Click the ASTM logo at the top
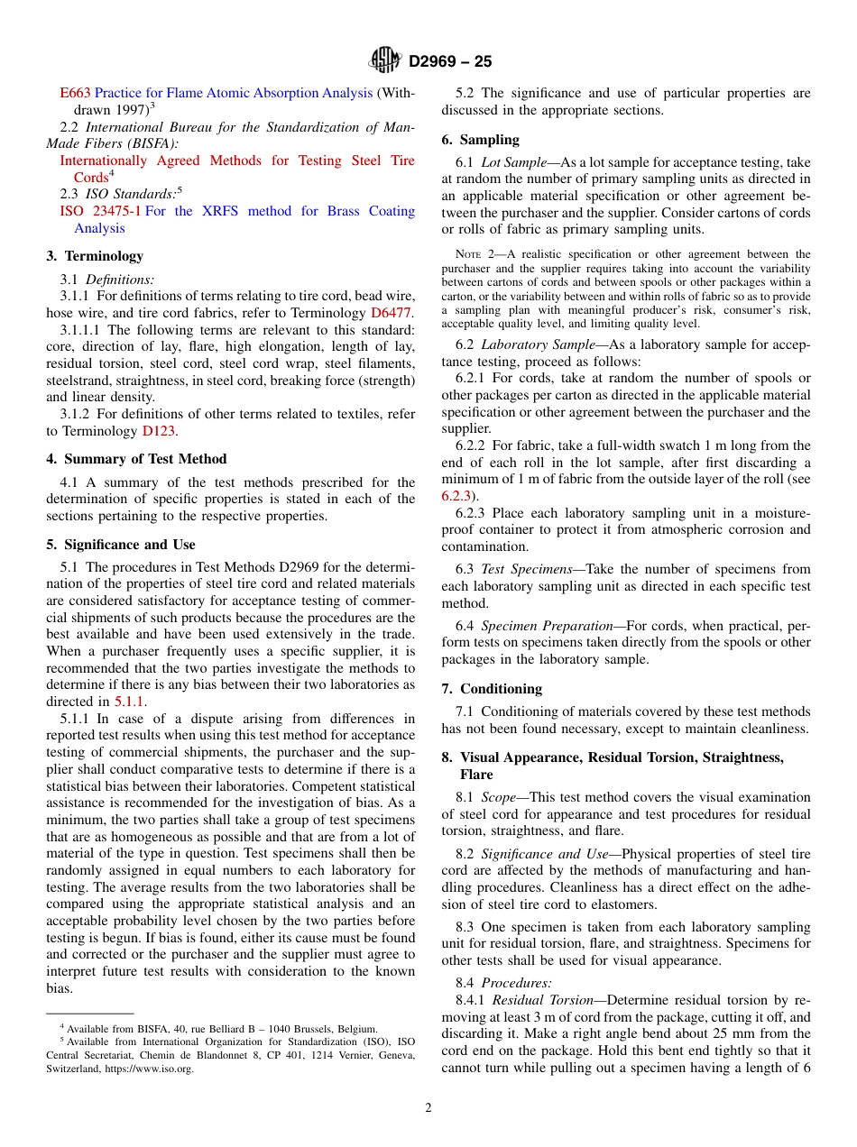click(x=385, y=60)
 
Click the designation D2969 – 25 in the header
click(x=450, y=61)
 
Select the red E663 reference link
click(x=75, y=93)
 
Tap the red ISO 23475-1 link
click(x=99, y=211)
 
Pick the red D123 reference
click(x=158, y=431)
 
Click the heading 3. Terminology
click(x=95, y=256)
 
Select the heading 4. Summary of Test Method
click(x=136, y=459)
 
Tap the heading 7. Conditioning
click(x=492, y=689)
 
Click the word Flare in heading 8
click(x=476, y=775)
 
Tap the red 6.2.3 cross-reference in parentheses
click(x=457, y=496)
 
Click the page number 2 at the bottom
click(x=428, y=1108)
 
